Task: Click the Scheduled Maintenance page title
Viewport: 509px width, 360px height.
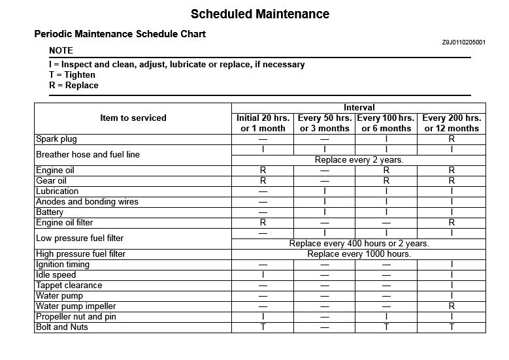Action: click(x=260, y=14)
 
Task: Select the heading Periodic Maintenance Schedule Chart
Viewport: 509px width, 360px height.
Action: click(x=120, y=34)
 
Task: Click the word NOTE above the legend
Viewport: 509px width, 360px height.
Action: click(x=61, y=50)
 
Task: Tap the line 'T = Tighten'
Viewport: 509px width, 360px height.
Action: click(x=72, y=74)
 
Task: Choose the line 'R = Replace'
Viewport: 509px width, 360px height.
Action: click(x=73, y=85)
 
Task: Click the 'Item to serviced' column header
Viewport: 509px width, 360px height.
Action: click(x=133, y=118)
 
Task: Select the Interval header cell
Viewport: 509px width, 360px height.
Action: click(x=359, y=107)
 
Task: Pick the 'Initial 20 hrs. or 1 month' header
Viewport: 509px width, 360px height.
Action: click(x=263, y=123)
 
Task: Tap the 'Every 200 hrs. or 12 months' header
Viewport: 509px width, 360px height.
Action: click(x=452, y=123)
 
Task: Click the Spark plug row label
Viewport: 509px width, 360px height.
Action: click(x=56, y=139)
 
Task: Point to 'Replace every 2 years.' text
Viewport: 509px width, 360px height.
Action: click(x=359, y=159)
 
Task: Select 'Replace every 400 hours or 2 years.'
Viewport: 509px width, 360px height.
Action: click(x=359, y=243)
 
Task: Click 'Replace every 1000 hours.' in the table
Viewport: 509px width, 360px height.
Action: click(x=359, y=254)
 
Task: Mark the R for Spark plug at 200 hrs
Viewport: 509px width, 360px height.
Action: click(x=452, y=139)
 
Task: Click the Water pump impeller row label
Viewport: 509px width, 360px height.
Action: click(x=76, y=306)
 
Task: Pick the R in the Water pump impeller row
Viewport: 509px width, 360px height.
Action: click(x=452, y=306)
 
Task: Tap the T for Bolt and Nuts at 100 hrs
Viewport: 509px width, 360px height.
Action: click(x=386, y=327)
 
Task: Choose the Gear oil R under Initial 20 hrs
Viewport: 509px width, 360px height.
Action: click(x=263, y=180)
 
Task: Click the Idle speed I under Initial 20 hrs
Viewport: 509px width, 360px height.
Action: click(x=263, y=274)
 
